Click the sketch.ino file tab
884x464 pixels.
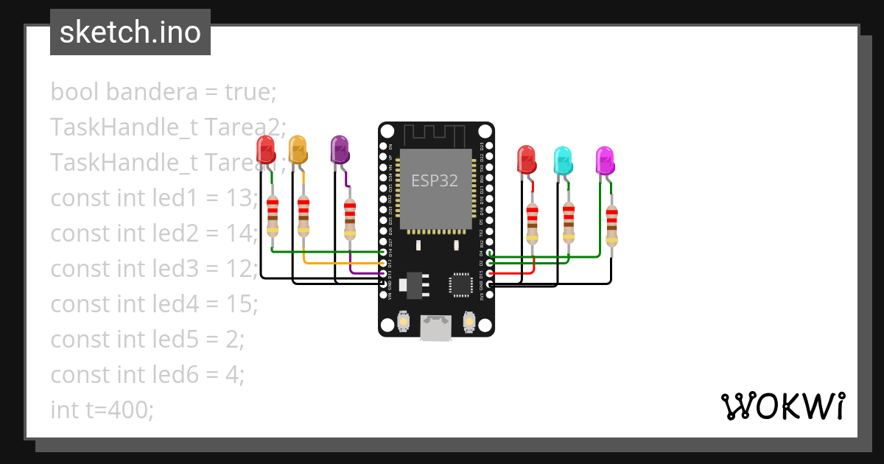[130, 32]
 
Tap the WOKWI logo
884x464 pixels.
[782, 406]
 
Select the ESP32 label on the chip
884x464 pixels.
[435, 181]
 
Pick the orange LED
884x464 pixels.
[298, 149]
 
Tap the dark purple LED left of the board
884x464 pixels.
[339, 149]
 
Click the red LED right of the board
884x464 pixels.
[526, 160]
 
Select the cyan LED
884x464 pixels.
[563, 160]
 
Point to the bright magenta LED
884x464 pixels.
[605, 160]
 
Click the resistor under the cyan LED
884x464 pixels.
[568, 222]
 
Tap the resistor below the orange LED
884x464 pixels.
[304, 215]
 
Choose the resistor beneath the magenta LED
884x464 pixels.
[611, 225]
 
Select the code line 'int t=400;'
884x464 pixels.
[102, 409]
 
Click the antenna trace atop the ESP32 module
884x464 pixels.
[435, 136]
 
